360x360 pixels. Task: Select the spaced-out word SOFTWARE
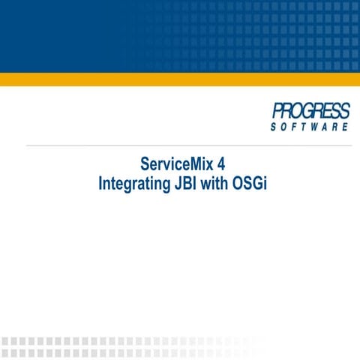(310, 127)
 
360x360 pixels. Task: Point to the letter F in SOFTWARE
(288, 127)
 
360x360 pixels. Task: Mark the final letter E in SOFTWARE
(345, 127)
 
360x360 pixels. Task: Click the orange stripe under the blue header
(180, 79)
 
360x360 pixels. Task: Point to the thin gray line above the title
(180, 145)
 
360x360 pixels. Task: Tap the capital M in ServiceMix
(190, 164)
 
